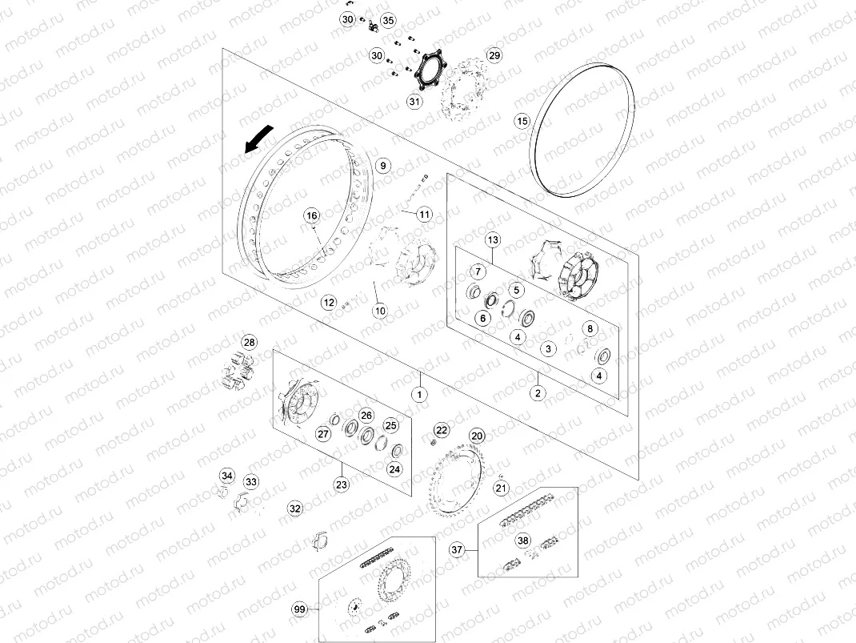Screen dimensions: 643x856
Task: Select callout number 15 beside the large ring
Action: tap(522, 121)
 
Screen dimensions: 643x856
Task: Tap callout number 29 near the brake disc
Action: tap(494, 55)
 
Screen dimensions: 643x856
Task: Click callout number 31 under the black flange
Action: tap(414, 102)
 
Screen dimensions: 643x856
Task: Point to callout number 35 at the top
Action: tap(388, 20)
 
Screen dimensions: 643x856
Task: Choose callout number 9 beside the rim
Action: tap(382, 166)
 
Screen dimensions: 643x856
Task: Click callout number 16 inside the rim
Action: tap(311, 215)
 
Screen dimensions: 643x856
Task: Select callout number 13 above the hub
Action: tap(493, 240)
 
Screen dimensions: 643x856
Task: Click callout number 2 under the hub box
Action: tap(538, 393)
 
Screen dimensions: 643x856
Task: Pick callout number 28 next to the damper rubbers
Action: tap(250, 343)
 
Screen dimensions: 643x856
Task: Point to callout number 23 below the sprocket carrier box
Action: tap(342, 484)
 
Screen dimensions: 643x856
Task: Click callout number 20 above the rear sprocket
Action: tap(477, 436)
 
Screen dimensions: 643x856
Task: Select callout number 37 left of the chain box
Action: tap(457, 549)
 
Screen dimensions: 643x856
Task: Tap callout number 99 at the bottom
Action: tap(300, 610)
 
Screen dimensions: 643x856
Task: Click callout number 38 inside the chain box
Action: tap(522, 541)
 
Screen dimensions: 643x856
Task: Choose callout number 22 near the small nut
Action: tap(442, 430)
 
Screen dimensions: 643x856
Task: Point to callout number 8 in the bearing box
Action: tap(590, 328)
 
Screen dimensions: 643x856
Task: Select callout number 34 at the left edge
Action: tap(227, 476)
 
